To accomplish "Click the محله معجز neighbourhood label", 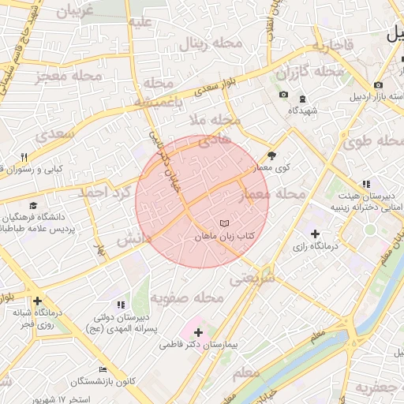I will pyautogui.click(x=69, y=77).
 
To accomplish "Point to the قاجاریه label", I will pyautogui.click(x=340, y=47).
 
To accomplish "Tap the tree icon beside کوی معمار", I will pyautogui.click(x=272, y=155).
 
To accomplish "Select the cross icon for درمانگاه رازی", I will pyautogui.click(x=316, y=234).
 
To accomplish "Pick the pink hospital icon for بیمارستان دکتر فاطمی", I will pyautogui.click(x=197, y=332).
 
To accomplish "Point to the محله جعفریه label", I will pyautogui.click(x=380, y=387).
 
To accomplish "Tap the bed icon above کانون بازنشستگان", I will pyautogui.click(x=103, y=369).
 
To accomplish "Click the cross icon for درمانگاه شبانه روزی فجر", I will pyautogui.click(x=38, y=301).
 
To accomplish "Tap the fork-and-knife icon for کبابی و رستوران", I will pyautogui.click(x=24, y=156).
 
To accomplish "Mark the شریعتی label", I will pyautogui.click(x=252, y=279).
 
